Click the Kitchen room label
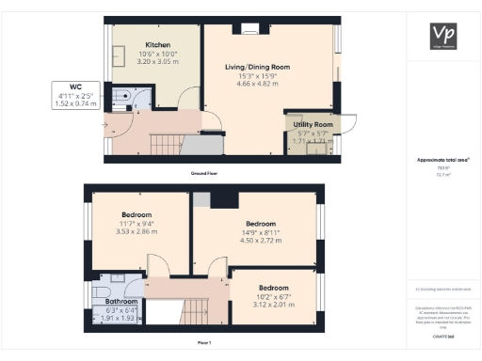point(156,45)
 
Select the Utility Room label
point(310,124)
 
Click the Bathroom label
point(120,303)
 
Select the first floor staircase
point(196,309)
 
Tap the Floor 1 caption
point(203,343)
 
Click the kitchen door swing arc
point(188,95)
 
